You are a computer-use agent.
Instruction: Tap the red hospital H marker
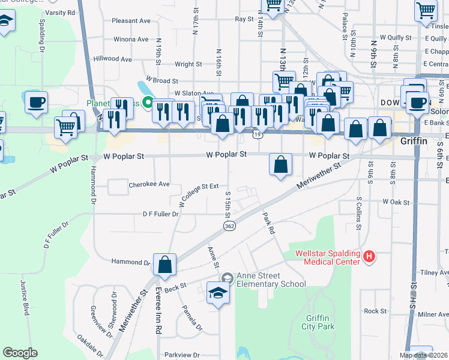click(369, 257)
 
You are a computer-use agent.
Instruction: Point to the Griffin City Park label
click(319, 322)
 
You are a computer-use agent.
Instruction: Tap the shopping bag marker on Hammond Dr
click(164, 265)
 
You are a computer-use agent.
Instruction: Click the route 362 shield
click(229, 226)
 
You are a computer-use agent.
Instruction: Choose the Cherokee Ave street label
click(149, 185)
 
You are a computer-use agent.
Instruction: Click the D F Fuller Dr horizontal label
click(160, 214)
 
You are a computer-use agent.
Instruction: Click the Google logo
click(20, 353)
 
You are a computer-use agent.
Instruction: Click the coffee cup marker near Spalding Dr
click(36, 102)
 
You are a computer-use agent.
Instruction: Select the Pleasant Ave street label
click(131, 20)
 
